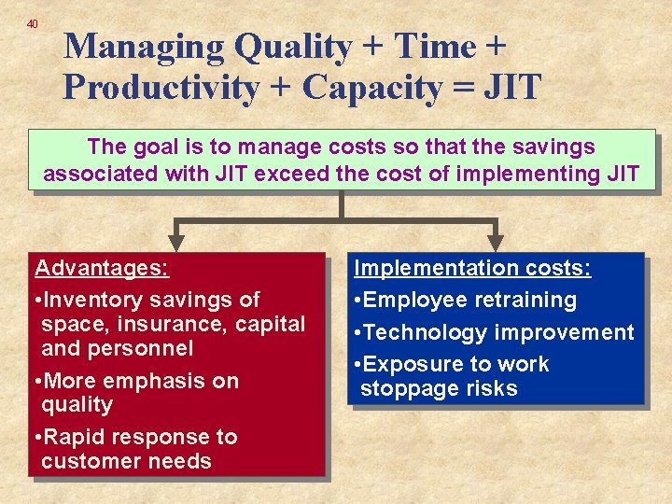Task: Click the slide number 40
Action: click(33, 23)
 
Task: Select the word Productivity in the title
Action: click(161, 87)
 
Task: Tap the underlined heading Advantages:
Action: click(102, 269)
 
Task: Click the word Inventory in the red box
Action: click(91, 301)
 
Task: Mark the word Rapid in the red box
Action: click(77, 437)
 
